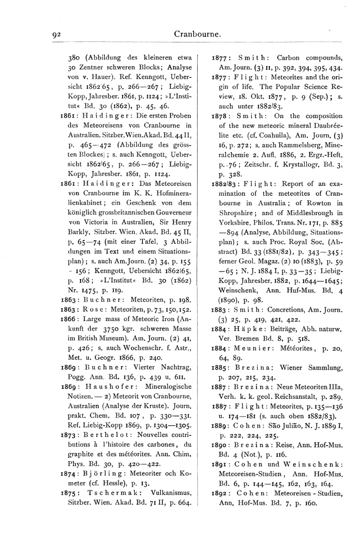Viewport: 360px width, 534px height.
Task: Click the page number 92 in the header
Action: [56, 35]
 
